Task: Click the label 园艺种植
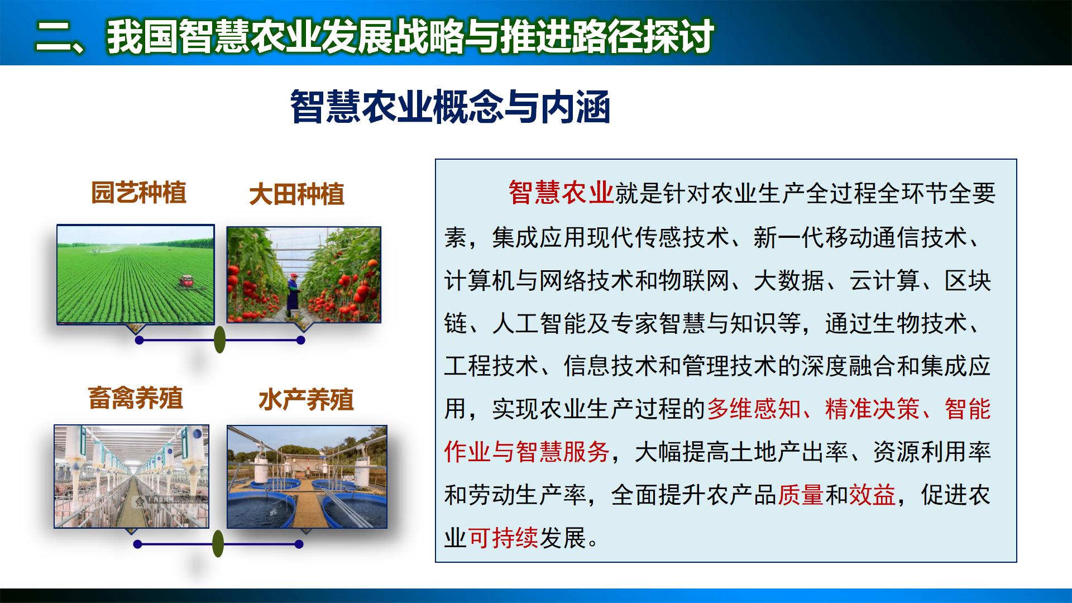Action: click(138, 193)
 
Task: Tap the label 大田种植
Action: click(296, 195)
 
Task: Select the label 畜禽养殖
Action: click(136, 399)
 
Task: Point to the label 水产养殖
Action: click(306, 400)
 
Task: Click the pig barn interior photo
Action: click(131, 476)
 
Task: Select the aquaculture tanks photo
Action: click(307, 477)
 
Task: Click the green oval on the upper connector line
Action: click(220, 340)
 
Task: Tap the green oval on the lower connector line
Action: click(218, 543)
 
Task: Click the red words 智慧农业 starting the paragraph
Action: click(561, 193)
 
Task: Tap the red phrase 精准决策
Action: click(872, 409)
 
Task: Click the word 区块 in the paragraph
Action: click(967, 280)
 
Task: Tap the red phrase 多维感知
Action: click(753, 409)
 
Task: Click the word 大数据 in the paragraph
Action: click(788, 280)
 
